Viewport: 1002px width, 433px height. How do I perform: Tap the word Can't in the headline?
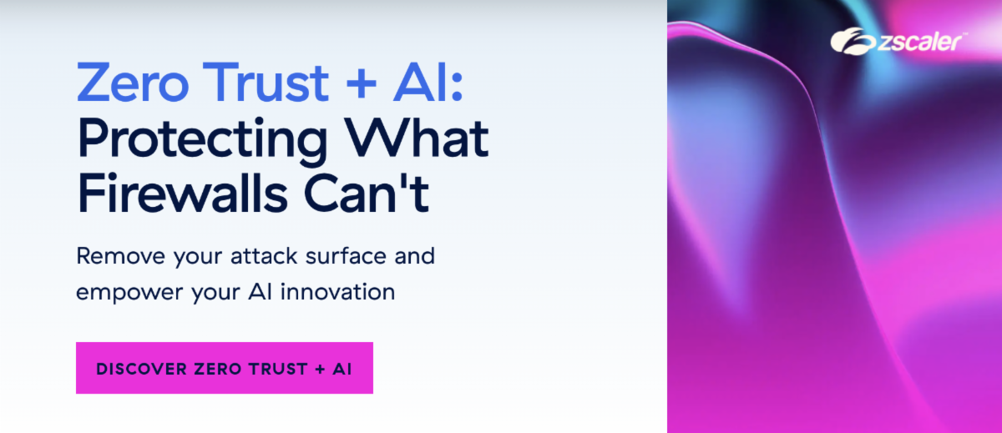coord(380,193)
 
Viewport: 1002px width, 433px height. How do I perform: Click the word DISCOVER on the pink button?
coord(139,369)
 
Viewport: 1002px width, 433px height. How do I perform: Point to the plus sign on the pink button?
coord(320,369)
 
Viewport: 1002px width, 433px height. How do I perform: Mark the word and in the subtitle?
coord(414,255)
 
